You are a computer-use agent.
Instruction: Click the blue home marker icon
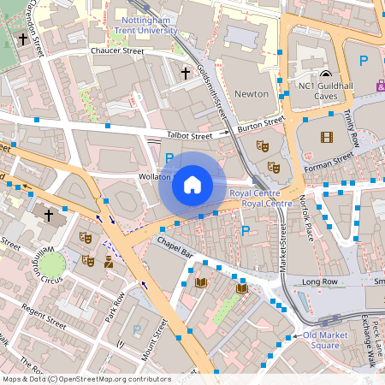pos(192,184)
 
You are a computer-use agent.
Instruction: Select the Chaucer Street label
pos(116,51)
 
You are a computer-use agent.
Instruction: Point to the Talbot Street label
pos(188,135)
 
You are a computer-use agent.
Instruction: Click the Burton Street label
pos(259,127)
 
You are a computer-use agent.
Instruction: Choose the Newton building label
pos(252,93)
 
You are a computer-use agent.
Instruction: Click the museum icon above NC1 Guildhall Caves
pos(325,75)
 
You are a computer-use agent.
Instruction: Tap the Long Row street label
pos(320,281)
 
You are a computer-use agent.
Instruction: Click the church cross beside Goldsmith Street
pos(185,74)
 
